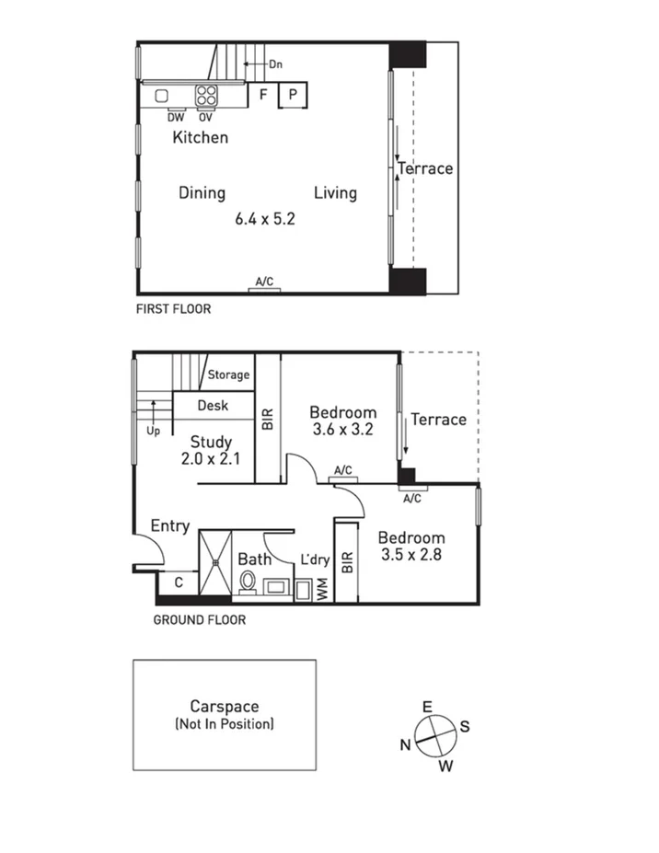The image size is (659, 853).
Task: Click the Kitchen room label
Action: pyautogui.click(x=200, y=137)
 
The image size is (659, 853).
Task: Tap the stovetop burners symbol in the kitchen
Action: pyautogui.click(x=206, y=95)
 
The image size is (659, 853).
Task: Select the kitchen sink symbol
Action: pyautogui.click(x=162, y=95)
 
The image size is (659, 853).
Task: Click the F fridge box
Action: pyautogui.click(x=263, y=95)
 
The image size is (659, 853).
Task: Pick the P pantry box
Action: pyautogui.click(x=293, y=95)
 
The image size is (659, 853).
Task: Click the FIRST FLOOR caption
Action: pyautogui.click(x=173, y=309)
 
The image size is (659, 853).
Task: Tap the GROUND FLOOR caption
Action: pyautogui.click(x=199, y=620)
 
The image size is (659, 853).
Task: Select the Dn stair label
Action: pyautogui.click(x=275, y=64)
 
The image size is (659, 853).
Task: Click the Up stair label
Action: pyautogui.click(x=152, y=430)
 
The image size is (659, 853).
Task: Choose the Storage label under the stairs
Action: pyautogui.click(x=228, y=375)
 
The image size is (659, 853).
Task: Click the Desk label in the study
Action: pyautogui.click(x=213, y=405)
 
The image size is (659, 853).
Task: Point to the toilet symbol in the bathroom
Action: pyautogui.click(x=248, y=582)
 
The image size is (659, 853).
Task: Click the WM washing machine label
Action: pyautogui.click(x=322, y=591)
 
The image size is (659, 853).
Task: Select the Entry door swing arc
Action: pyautogui.click(x=151, y=549)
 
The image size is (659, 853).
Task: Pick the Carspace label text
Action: pyautogui.click(x=224, y=707)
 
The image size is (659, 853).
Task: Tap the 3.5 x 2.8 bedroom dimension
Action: pyautogui.click(x=412, y=555)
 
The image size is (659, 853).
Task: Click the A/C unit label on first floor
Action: pyautogui.click(x=264, y=281)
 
